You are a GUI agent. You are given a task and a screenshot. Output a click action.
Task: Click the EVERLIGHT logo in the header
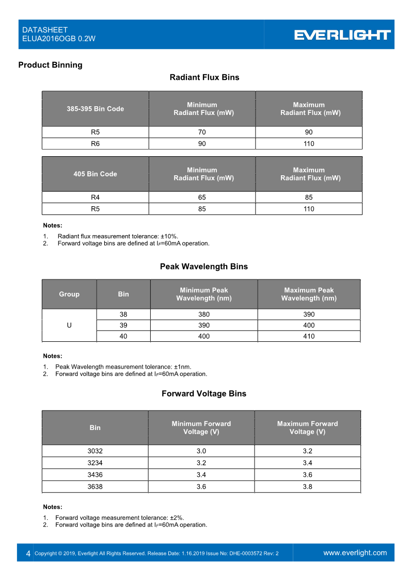tap(342, 35)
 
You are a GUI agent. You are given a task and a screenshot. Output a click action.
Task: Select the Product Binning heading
tap(50, 65)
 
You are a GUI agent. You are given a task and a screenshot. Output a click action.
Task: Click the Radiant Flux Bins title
tap(204, 77)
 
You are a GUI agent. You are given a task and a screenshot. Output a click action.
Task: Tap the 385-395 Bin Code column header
tap(95, 109)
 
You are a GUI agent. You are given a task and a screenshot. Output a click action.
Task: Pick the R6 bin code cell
tap(95, 144)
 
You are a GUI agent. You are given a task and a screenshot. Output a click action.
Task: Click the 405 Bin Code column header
tap(95, 174)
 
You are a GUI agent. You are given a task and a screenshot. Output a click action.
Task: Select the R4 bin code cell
tap(95, 197)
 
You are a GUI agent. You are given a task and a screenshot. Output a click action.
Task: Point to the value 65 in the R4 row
tap(202, 197)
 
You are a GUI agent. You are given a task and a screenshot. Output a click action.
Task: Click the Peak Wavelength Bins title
tap(204, 267)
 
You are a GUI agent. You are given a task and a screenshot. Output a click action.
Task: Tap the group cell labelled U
tap(69, 325)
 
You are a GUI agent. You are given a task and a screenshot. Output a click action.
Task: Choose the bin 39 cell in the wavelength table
tap(123, 325)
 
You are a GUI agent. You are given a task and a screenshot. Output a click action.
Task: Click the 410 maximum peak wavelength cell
tap(309, 336)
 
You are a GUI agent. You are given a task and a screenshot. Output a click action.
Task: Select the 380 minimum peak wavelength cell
tap(204, 315)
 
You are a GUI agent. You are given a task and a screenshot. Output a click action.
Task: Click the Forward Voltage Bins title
tap(204, 394)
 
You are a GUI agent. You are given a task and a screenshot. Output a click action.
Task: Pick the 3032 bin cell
tap(95, 451)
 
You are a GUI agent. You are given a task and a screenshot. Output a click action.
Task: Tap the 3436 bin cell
tap(95, 475)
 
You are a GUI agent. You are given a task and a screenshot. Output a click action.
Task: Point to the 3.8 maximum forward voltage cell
tap(307, 487)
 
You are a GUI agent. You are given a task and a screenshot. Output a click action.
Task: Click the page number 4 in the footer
tap(28, 553)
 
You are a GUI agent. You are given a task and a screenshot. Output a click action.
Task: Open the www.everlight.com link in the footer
tap(355, 553)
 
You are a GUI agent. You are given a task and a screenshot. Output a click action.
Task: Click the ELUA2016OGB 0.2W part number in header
tap(59, 39)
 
